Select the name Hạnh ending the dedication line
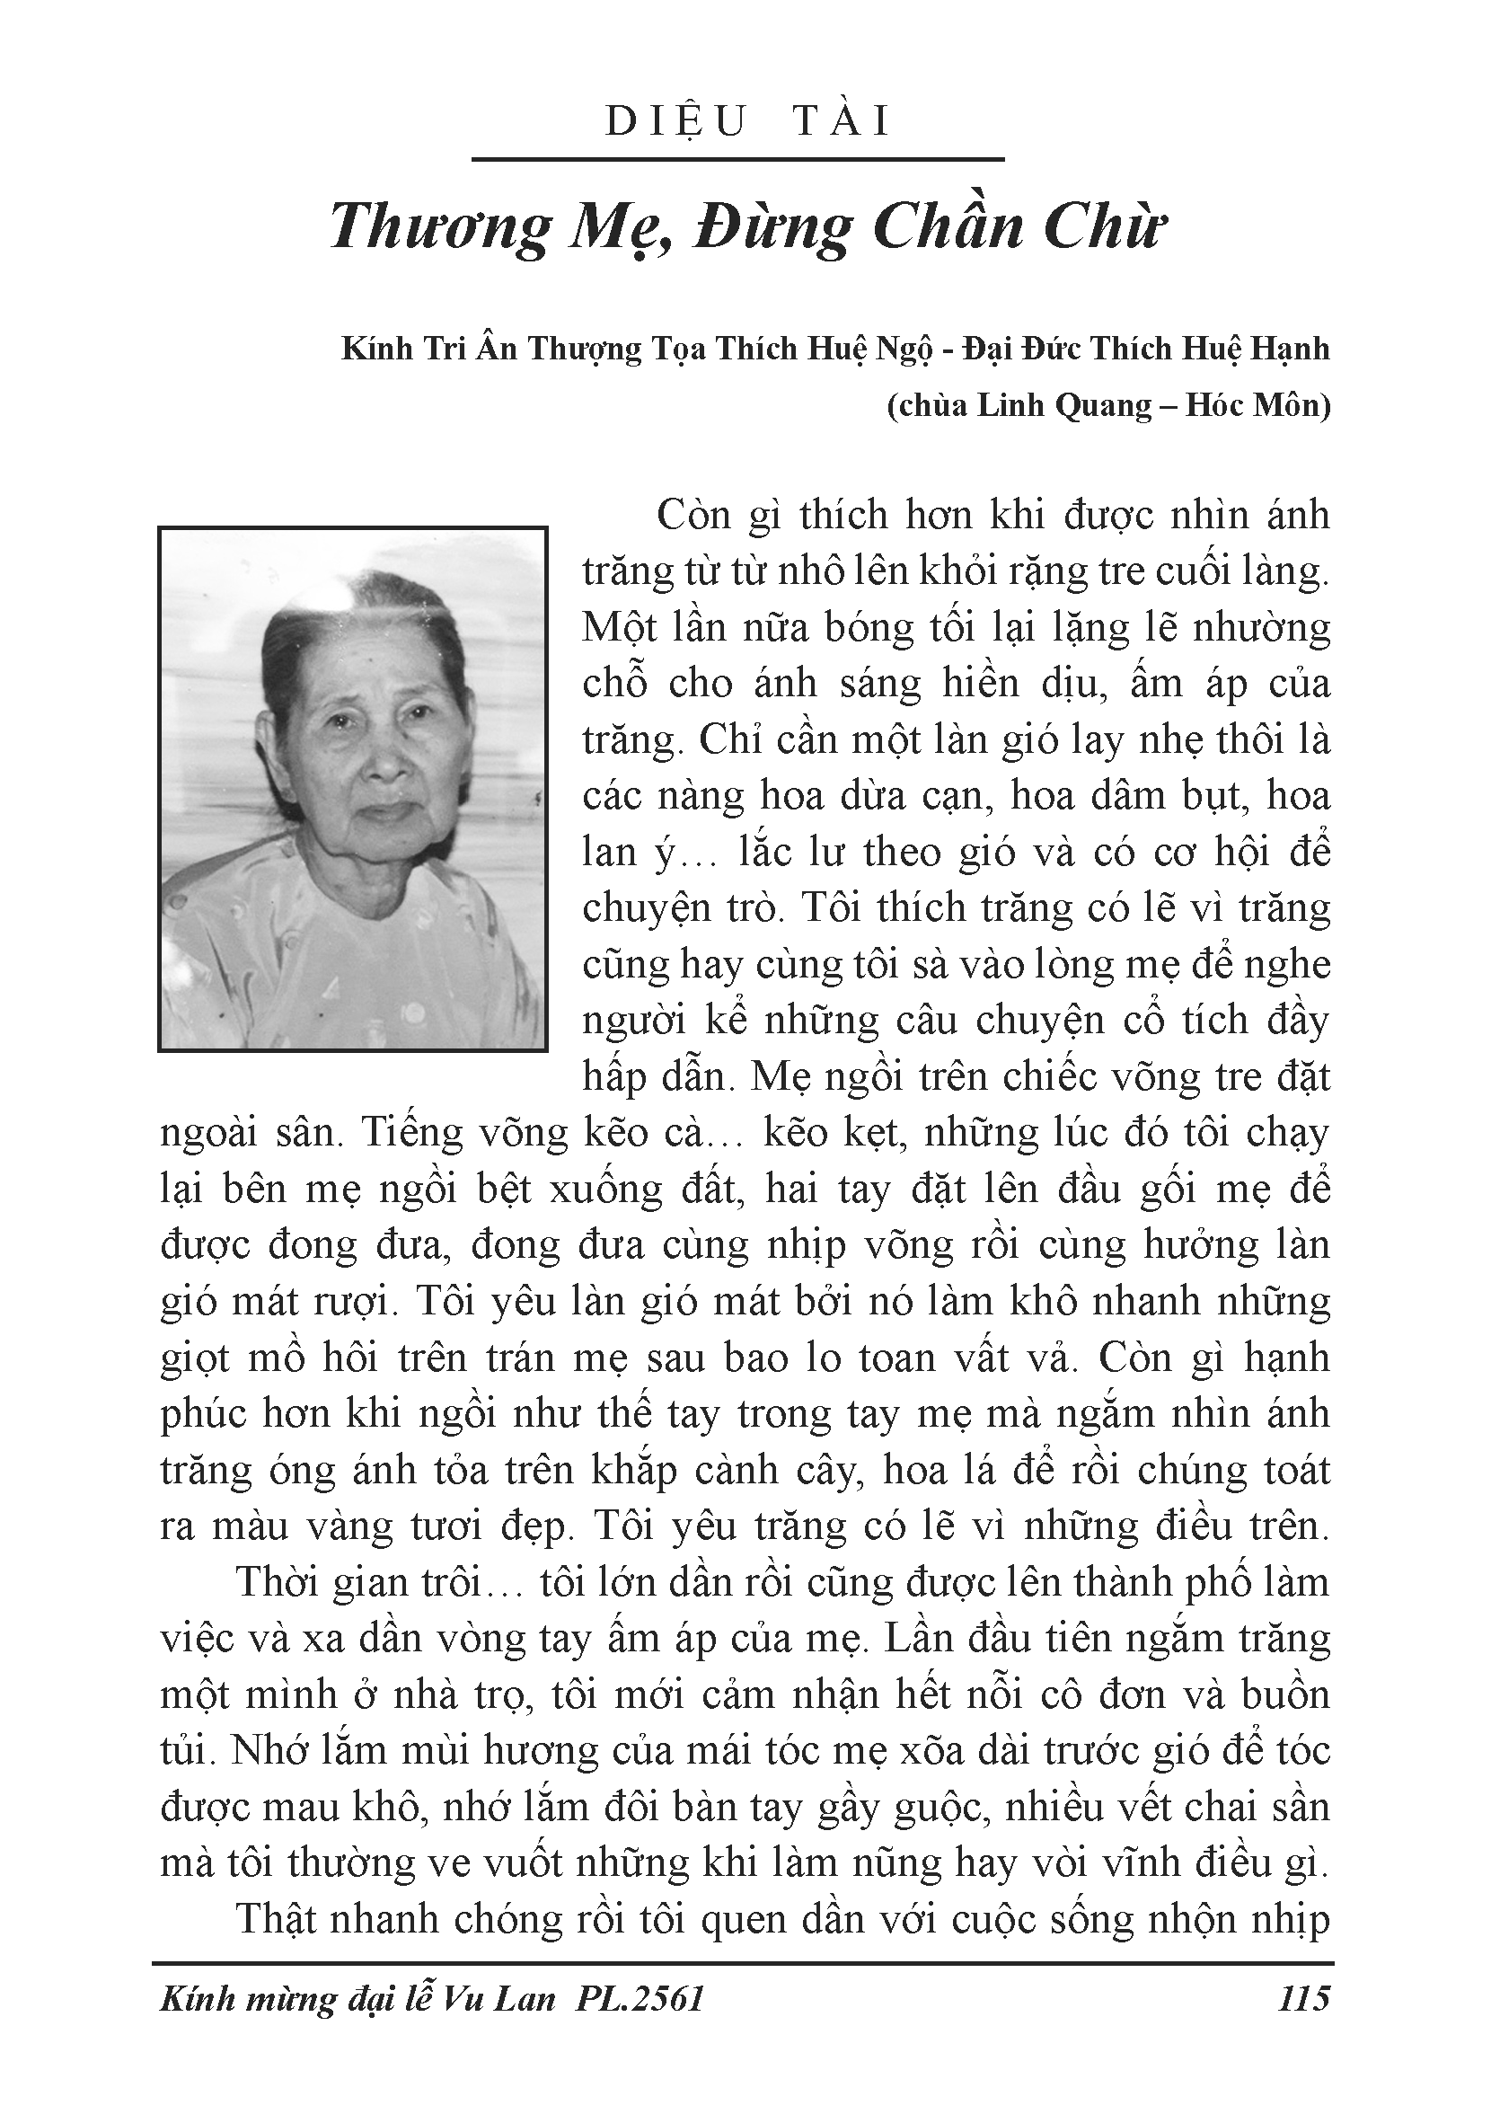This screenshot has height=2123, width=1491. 1290,349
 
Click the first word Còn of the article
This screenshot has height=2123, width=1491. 693,515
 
